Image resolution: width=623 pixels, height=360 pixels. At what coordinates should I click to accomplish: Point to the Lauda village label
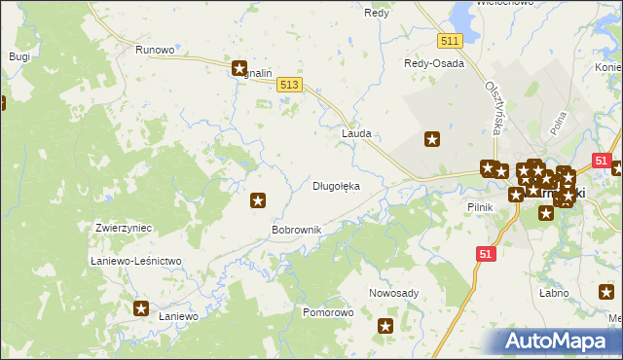click(356, 132)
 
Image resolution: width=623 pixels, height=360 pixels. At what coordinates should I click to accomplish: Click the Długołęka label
click(336, 185)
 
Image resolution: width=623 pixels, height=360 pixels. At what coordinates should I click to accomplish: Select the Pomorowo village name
click(327, 313)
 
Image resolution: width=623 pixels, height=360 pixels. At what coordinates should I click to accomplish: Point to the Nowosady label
click(393, 293)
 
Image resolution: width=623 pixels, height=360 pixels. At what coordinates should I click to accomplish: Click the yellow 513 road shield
click(288, 86)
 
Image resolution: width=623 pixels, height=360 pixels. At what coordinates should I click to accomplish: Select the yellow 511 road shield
click(449, 40)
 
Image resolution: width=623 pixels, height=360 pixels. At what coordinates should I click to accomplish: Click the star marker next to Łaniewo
click(141, 308)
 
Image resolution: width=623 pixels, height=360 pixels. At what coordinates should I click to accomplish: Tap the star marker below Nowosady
click(385, 327)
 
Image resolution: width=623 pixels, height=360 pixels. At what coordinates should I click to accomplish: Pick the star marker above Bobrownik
click(258, 200)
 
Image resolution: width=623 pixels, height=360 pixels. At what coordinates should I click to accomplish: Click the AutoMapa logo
click(560, 342)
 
